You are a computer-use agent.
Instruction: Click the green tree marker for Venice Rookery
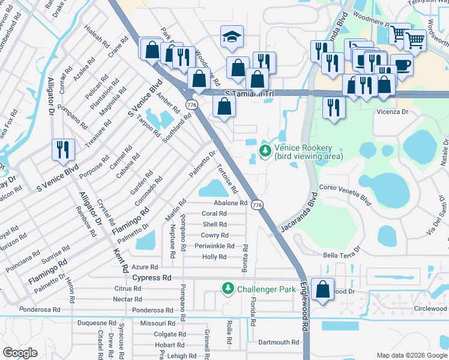[265, 149]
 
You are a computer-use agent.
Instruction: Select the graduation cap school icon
[231, 37]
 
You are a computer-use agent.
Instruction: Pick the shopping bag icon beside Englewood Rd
[323, 289]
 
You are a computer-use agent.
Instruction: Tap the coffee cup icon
[402, 64]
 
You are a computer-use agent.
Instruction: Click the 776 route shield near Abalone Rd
[257, 205]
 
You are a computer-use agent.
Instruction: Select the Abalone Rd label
[226, 203]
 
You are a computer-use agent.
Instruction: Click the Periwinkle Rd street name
[214, 246]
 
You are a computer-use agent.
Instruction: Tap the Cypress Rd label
[152, 278]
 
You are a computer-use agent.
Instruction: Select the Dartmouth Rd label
[278, 342]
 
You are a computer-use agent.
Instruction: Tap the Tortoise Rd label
[227, 179]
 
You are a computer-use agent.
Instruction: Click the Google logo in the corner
[20, 353]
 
